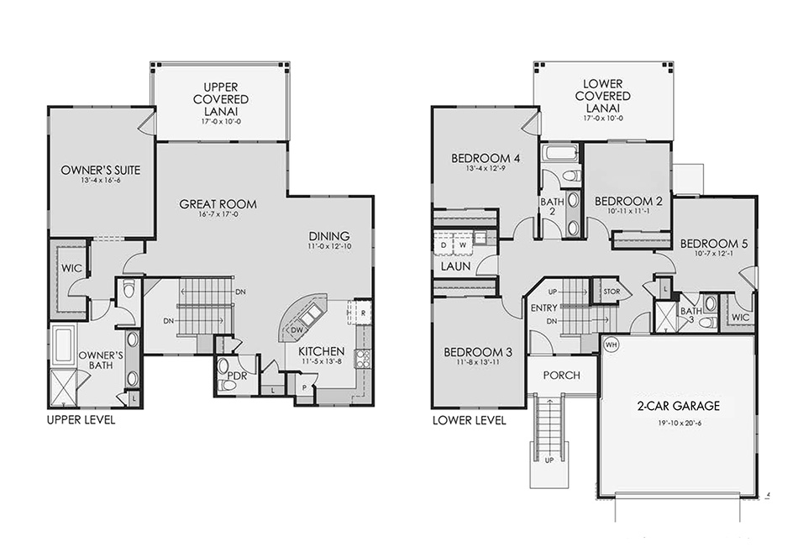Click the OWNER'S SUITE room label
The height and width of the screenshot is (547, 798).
pyautogui.click(x=100, y=171)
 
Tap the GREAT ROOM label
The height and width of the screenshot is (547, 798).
pyautogui.click(x=218, y=204)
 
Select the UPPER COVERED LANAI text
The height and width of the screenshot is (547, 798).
pyautogui.click(x=219, y=98)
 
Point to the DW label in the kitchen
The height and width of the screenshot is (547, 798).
pyautogui.click(x=297, y=330)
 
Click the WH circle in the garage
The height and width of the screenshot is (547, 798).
pyautogui.click(x=611, y=345)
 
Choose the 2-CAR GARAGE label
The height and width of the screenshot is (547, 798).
pyautogui.click(x=679, y=406)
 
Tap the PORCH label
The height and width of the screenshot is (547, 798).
pyautogui.click(x=561, y=375)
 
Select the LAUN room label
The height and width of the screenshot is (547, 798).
pyautogui.click(x=454, y=266)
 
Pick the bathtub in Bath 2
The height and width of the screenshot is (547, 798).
pyautogui.click(x=559, y=153)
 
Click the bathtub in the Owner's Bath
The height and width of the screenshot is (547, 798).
pyautogui.click(x=63, y=345)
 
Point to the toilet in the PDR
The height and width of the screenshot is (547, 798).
pyautogui.click(x=228, y=385)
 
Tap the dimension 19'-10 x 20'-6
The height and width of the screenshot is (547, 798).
pyautogui.click(x=679, y=423)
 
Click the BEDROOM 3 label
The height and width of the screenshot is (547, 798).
pyautogui.click(x=474, y=351)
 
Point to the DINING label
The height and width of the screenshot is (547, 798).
pyautogui.click(x=328, y=236)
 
